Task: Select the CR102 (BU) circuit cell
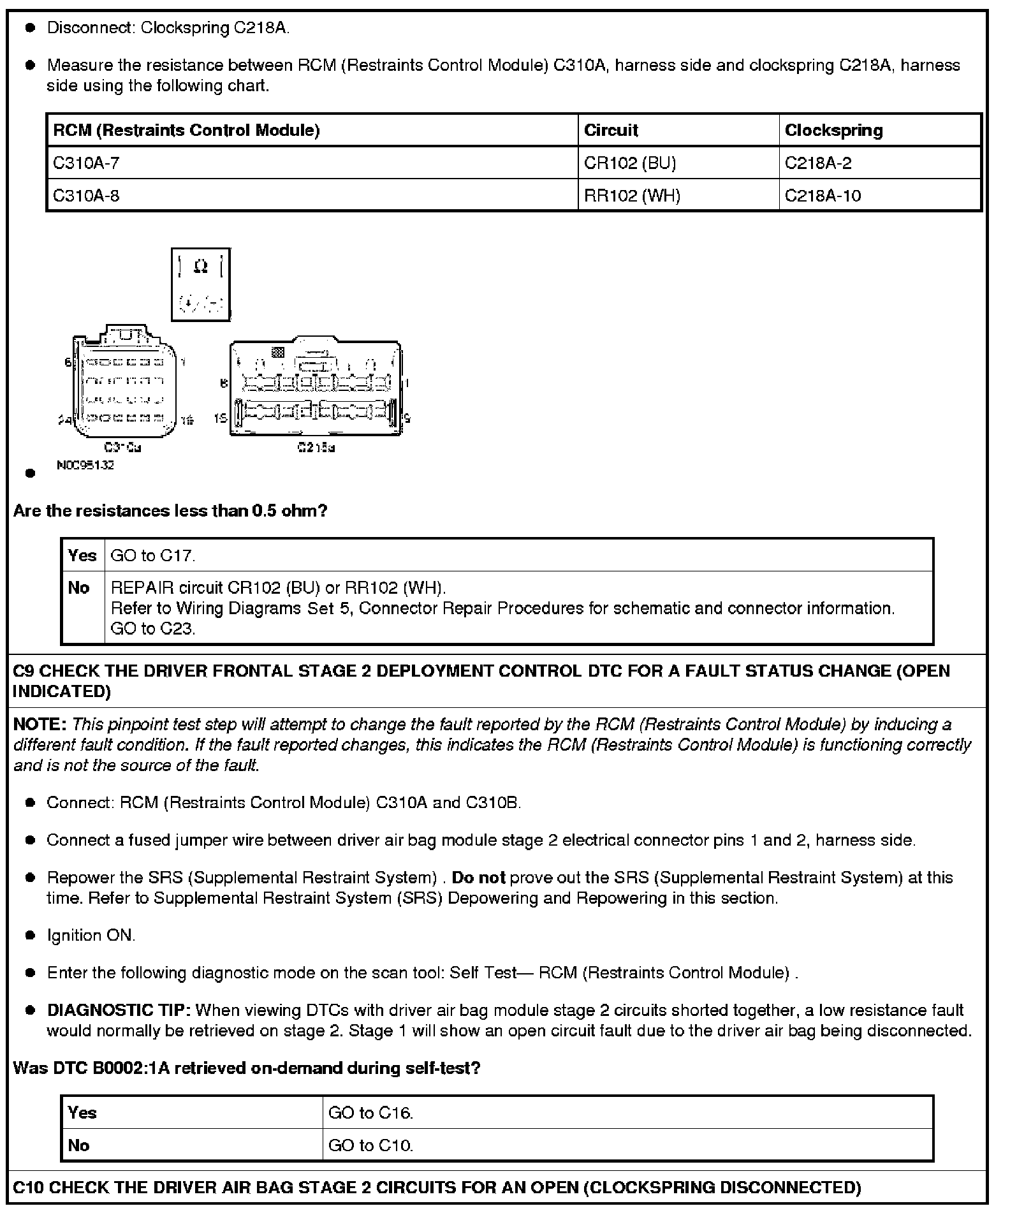coord(629,163)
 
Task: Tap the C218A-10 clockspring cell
coord(823,196)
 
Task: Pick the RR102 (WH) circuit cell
coord(632,196)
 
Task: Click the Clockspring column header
coord(833,130)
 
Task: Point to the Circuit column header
coord(611,130)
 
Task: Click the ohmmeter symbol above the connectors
coord(201,284)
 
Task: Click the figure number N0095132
coord(85,466)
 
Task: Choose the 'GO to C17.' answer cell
coord(153,555)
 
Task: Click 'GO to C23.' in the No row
coord(153,629)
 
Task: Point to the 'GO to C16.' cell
coord(370,1113)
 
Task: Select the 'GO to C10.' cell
coord(370,1145)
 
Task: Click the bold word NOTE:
coord(40,724)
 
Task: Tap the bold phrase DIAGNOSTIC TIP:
coord(119,1010)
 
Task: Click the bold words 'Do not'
coord(478,878)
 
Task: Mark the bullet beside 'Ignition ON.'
coord(29,936)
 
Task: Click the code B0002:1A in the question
coord(131,1068)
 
